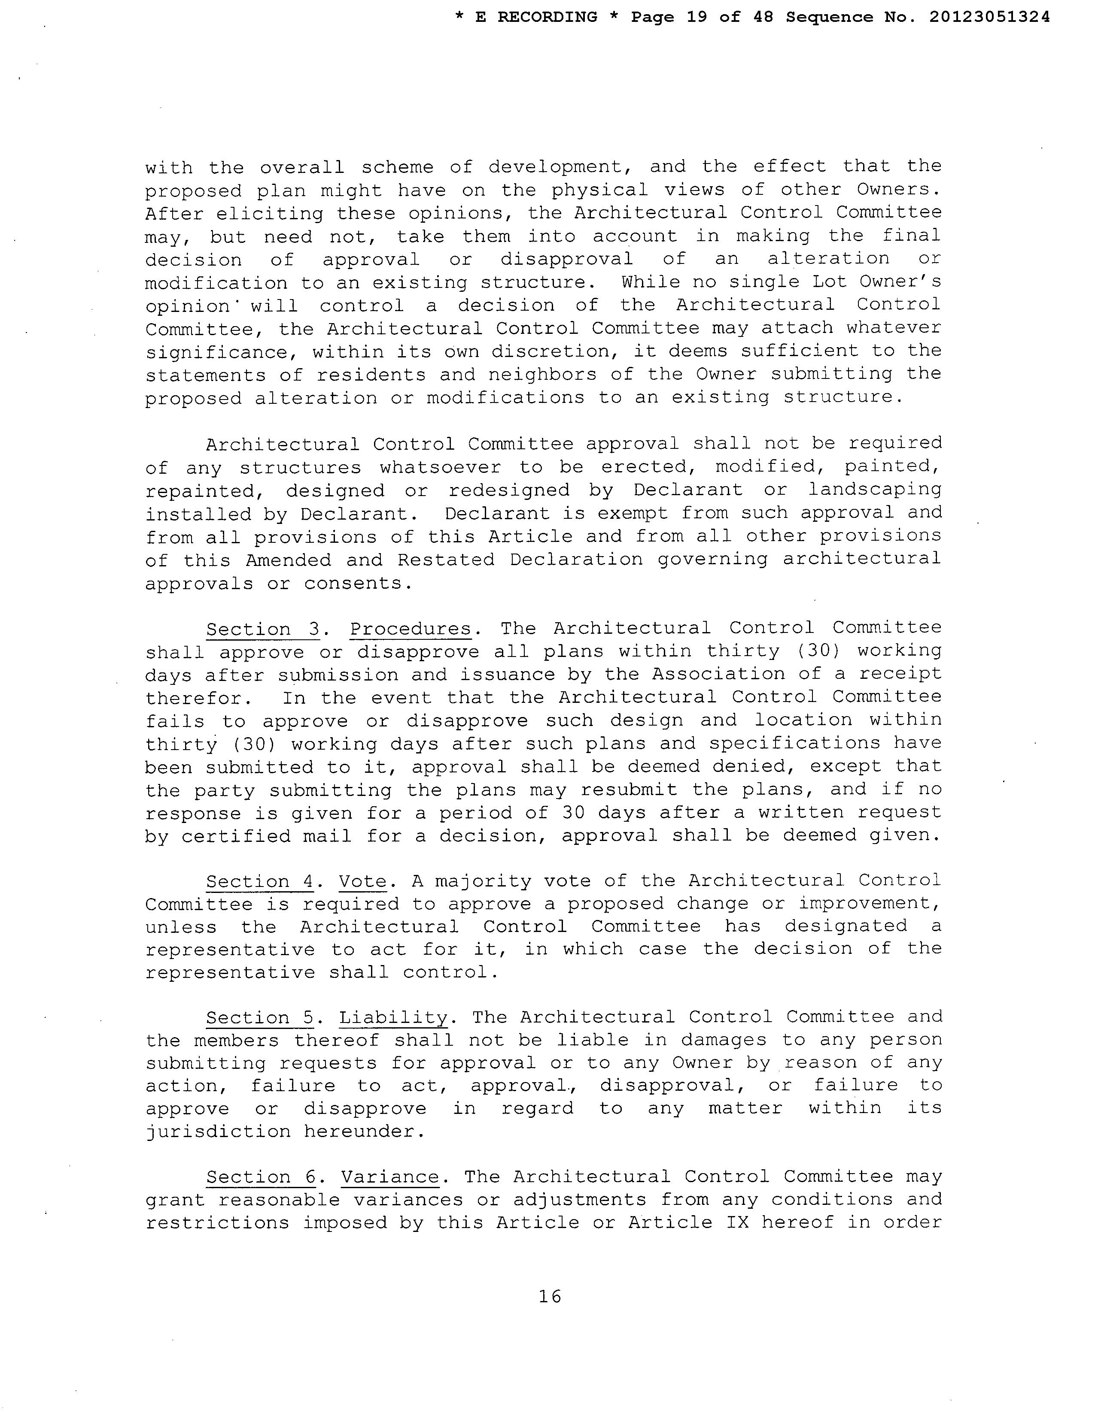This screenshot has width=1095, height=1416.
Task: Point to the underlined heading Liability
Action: coord(393,1017)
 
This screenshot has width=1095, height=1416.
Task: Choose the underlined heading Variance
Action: coord(390,1177)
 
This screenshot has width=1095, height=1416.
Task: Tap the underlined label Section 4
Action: coord(259,882)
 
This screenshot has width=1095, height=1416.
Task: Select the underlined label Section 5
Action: coord(259,1018)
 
